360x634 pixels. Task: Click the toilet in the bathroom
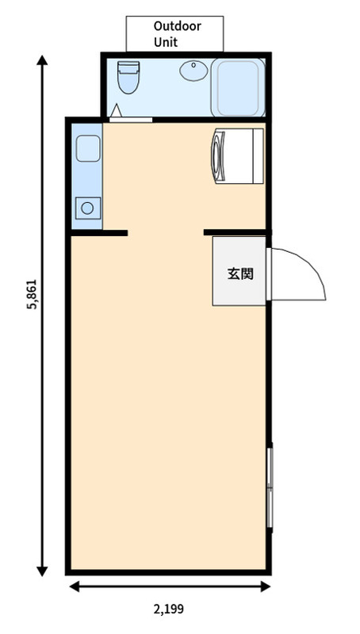[128, 77]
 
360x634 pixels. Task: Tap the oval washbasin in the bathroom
[193, 71]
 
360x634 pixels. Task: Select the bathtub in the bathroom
[238, 87]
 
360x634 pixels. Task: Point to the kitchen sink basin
[88, 148]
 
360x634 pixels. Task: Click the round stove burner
[87, 208]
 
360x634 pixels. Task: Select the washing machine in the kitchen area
[237, 156]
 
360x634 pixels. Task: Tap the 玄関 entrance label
[240, 273]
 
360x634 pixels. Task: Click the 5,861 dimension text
[32, 294]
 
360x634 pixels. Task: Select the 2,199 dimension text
[169, 609]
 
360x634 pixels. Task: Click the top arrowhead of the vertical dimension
[42, 60]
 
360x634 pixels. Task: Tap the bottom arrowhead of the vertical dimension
[42, 571]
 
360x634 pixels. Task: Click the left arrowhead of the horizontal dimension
[75, 586]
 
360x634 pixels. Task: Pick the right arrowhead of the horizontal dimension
[266, 586]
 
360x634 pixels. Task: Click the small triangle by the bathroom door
[116, 110]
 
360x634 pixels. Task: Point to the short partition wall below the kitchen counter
[99, 233]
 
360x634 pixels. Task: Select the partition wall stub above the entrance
[236, 232]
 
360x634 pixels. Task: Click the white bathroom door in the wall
[131, 120]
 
